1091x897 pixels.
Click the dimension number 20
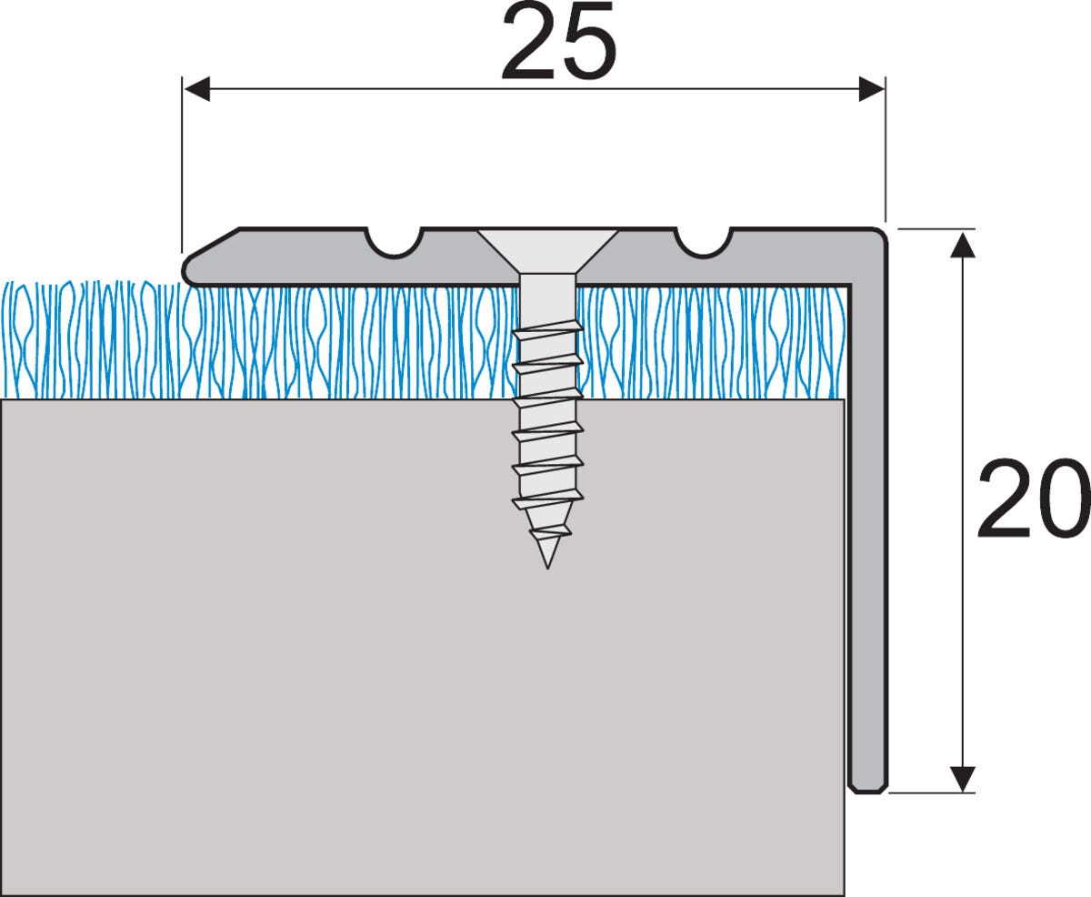click(x=1032, y=500)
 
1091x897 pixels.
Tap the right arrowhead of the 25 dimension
click(x=871, y=89)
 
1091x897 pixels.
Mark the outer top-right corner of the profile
click(x=880, y=235)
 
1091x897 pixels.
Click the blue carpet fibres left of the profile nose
click(x=91, y=341)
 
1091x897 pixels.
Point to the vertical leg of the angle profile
click(x=868, y=509)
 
